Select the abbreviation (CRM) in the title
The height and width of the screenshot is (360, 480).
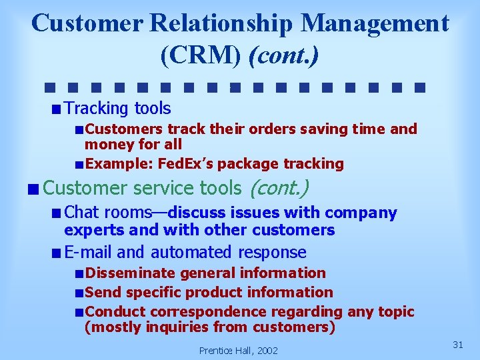point(201,55)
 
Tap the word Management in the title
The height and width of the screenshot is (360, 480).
point(375,23)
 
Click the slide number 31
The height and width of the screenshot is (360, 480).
point(458,344)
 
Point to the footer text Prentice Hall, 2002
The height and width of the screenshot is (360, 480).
point(239,350)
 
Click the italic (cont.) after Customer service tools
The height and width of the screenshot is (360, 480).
point(278,189)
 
